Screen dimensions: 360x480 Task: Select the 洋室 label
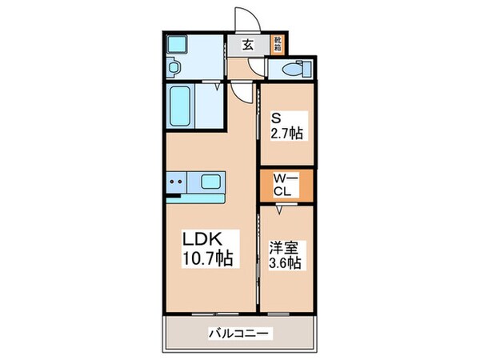click(x=280, y=247)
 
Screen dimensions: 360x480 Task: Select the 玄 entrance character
click(x=248, y=45)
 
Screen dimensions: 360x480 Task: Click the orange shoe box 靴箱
click(x=277, y=44)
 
